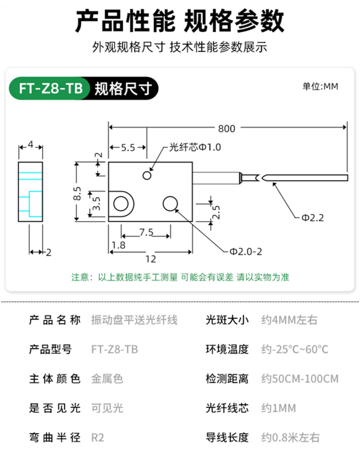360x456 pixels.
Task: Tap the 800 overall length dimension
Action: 227,129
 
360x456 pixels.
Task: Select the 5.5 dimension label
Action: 128,148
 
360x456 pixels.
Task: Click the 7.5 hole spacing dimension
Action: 146,232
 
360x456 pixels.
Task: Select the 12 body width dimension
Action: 150,259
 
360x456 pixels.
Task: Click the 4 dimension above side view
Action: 30,145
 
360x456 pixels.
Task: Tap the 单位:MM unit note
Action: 320,86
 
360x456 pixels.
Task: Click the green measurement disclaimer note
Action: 180,277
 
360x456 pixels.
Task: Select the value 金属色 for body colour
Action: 107,379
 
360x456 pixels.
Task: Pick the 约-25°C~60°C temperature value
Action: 295,349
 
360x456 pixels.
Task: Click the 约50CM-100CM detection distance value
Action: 300,379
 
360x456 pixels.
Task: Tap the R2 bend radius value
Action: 97,437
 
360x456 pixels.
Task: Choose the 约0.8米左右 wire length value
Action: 290,437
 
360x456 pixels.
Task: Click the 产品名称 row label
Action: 55,320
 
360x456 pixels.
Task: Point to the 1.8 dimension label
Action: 118,246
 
